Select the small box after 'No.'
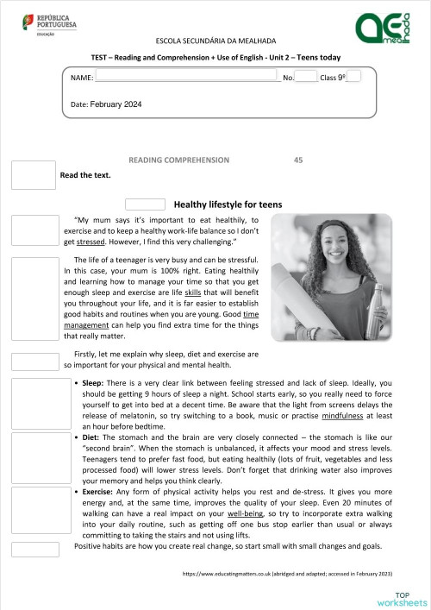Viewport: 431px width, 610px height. coord(306,78)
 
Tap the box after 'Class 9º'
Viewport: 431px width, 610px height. coord(353,77)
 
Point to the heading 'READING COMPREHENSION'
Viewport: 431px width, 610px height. coord(178,160)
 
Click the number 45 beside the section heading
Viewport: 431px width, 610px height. coord(298,160)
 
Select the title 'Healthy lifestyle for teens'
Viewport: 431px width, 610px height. coord(228,205)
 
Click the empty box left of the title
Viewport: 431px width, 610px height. coord(145,204)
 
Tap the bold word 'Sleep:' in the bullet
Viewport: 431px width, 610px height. coord(93,381)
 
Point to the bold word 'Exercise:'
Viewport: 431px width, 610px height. coord(99,491)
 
